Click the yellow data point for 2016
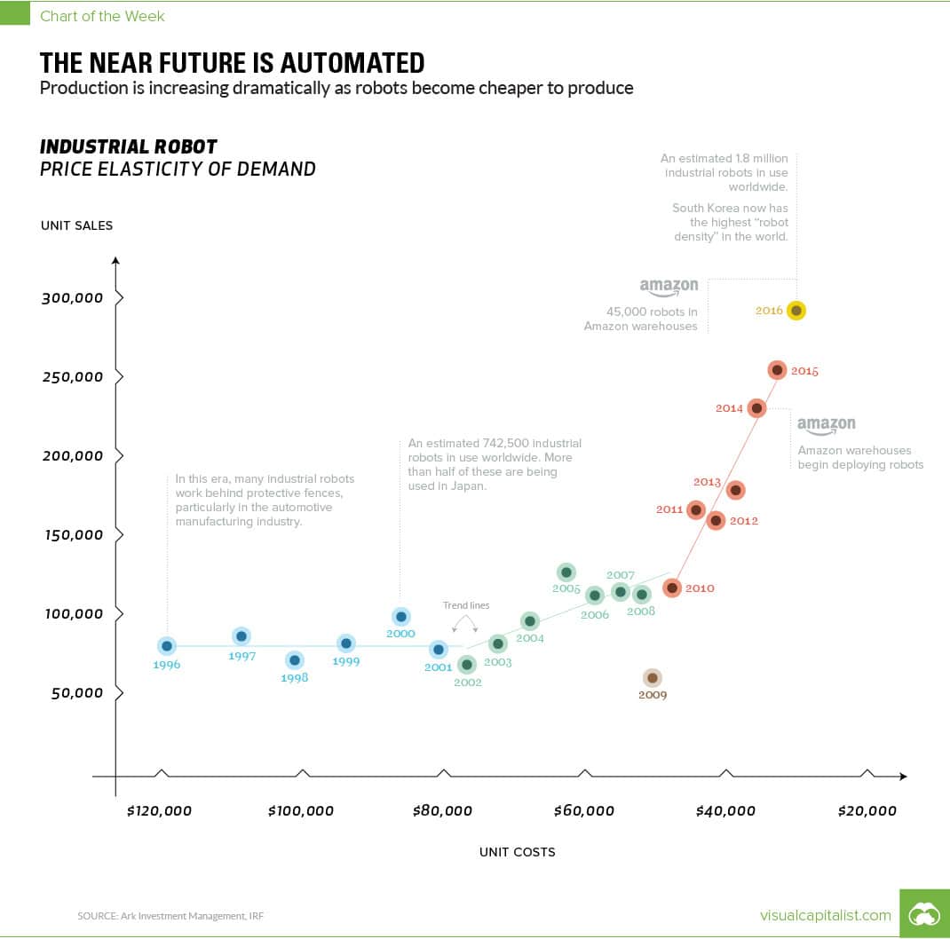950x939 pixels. coord(796,311)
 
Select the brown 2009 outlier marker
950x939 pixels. coord(652,678)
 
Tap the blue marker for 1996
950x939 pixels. coord(166,646)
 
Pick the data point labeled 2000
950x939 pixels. coord(400,617)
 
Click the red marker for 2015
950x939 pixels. coord(777,370)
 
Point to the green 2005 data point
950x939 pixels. coord(566,572)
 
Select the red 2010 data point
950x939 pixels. coord(672,588)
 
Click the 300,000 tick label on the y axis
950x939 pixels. coord(72,298)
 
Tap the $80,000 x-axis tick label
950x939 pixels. coord(442,810)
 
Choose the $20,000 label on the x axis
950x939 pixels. coord(867,810)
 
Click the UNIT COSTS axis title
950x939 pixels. coord(517,852)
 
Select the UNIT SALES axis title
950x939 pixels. coord(76,225)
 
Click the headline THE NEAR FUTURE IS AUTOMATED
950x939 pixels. coord(232,63)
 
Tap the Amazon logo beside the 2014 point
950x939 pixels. coord(826,426)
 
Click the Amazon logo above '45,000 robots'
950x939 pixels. coord(669,288)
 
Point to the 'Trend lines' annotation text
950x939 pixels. coord(466,605)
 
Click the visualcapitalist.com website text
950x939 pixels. coord(826,915)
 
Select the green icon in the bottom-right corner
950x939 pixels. coord(924,913)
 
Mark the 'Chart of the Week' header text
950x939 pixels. coord(102,16)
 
